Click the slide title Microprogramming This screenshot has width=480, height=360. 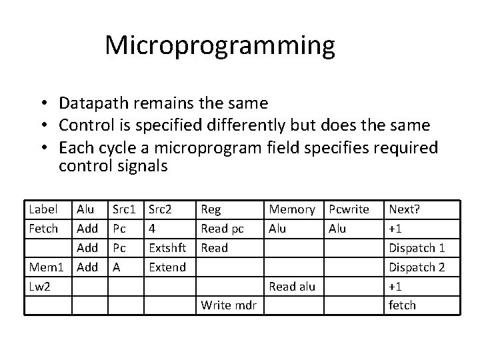point(219,45)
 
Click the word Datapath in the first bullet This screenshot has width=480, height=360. point(87,103)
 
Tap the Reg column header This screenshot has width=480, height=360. point(211,209)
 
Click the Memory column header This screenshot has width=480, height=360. point(291,209)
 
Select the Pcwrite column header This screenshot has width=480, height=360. point(348,209)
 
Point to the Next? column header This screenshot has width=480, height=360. point(404,209)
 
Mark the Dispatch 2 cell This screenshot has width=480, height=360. point(416,267)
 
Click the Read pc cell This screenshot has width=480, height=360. point(222,229)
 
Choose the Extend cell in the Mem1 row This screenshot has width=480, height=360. point(167,267)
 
